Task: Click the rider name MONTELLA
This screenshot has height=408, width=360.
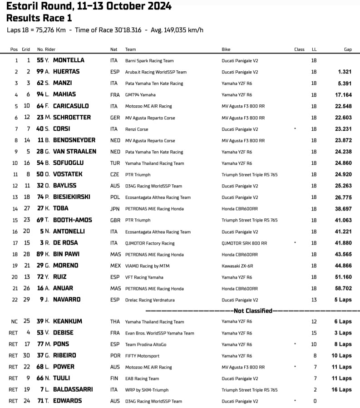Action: [x=69, y=60]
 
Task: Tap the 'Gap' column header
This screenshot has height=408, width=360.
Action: [x=348, y=49]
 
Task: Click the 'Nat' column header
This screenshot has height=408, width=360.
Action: [x=113, y=49]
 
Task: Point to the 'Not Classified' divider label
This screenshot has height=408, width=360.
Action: [x=252, y=311]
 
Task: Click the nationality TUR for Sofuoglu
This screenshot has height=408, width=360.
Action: [x=115, y=163]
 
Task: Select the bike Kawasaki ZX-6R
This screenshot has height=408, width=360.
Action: [x=237, y=265]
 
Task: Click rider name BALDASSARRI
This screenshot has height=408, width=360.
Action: [x=73, y=389]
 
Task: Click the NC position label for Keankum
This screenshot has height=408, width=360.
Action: [x=15, y=321]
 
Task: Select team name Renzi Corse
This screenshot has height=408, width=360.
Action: [x=138, y=129]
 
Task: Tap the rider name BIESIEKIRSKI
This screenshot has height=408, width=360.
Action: [x=72, y=197]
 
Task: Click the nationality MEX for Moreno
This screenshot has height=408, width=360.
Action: [x=116, y=265]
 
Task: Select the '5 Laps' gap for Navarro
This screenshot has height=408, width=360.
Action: [x=344, y=300]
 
